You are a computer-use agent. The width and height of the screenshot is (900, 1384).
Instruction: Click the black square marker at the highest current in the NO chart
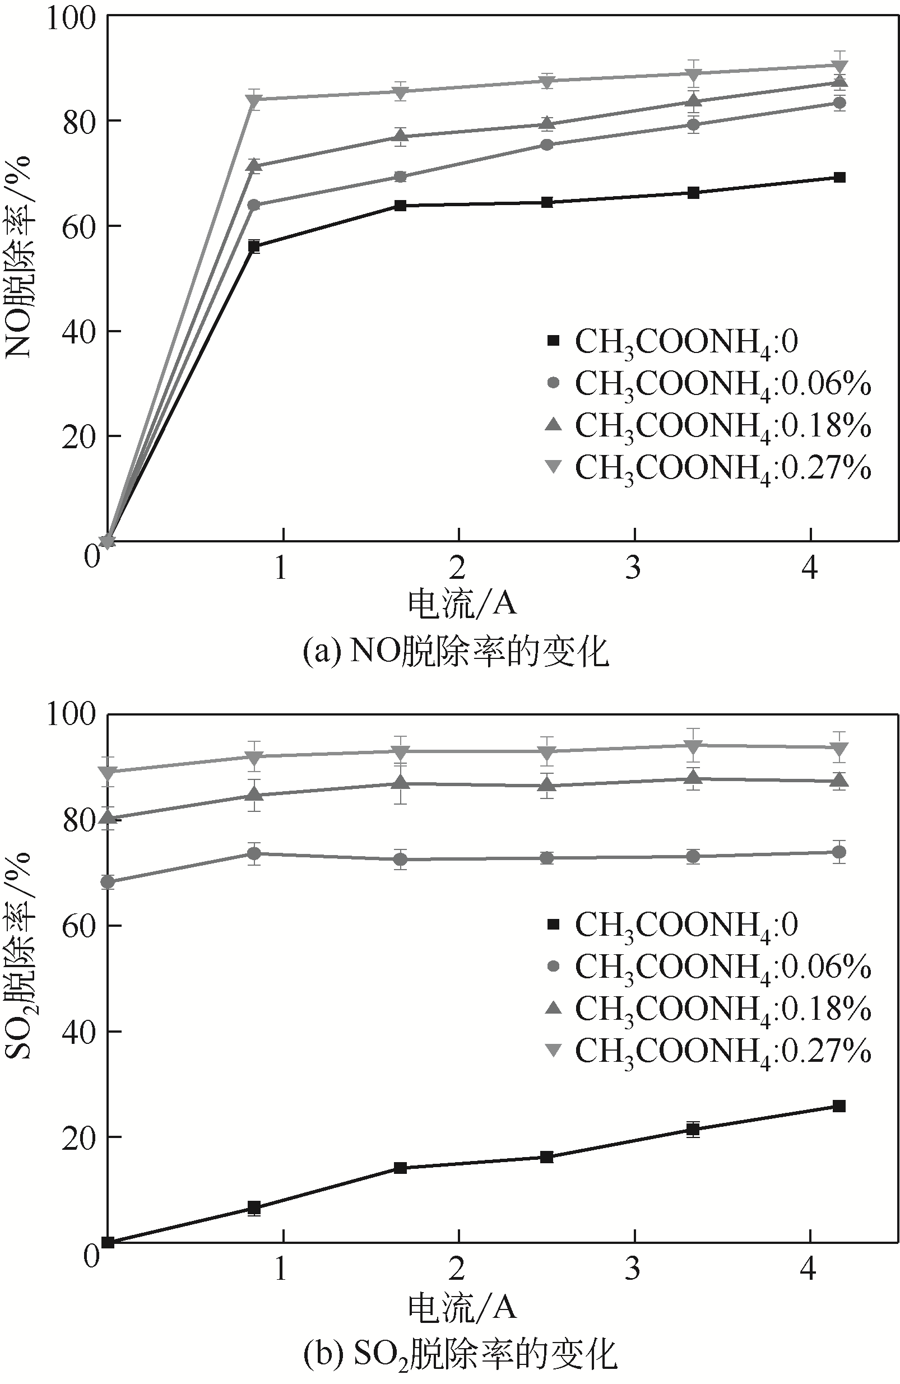[x=839, y=178]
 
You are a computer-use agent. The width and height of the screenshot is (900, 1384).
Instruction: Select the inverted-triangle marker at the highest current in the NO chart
[x=839, y=66]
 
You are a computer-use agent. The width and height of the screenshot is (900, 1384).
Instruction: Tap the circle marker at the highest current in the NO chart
[x=839, y=104]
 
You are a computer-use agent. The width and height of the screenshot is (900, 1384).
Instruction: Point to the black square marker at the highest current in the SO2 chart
[x=839, y=1106]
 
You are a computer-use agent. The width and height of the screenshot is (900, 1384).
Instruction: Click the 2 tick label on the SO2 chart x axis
[x=458, y=1267]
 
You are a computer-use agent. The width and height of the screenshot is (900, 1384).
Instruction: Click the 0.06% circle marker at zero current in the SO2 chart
[x=108, y=881]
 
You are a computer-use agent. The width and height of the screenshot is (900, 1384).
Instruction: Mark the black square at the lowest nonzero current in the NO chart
[x=254, y=247]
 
